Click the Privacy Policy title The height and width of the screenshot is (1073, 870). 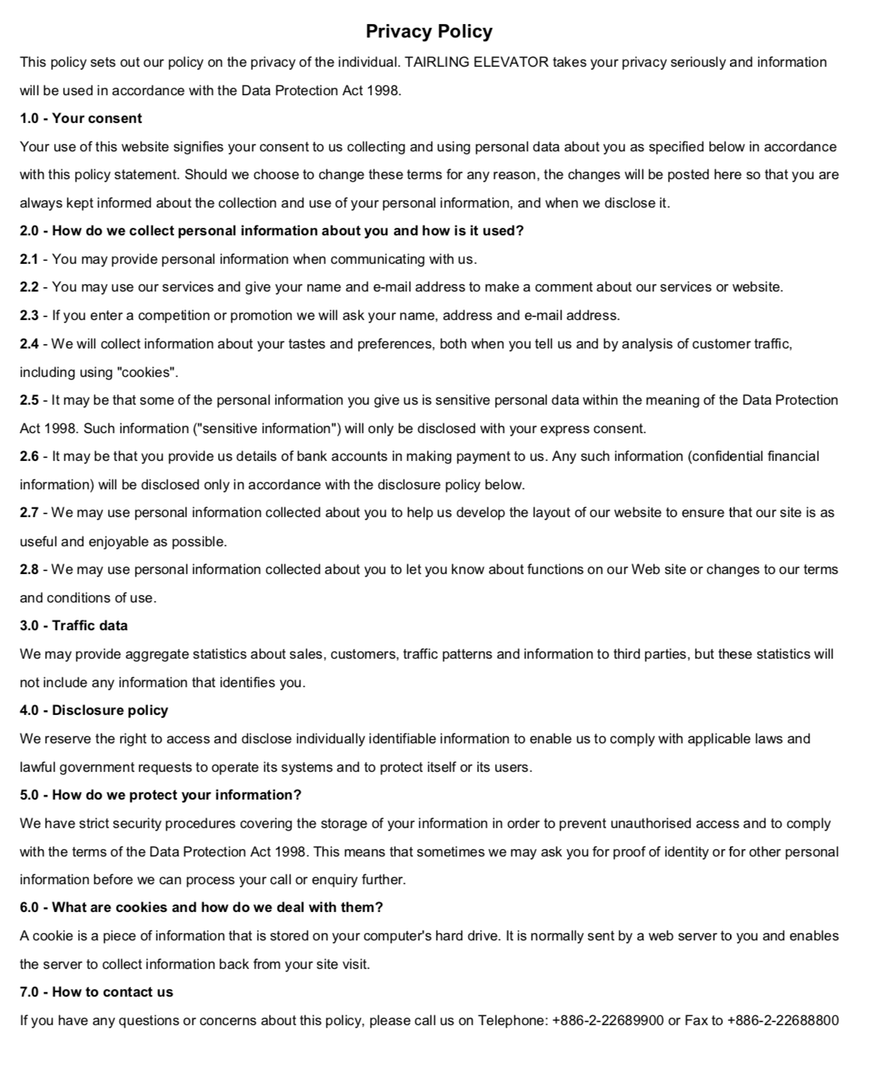(x=429, y=31)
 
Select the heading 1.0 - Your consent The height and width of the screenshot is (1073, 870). (x=81, y=118)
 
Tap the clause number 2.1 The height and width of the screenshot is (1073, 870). (x=28, y=259)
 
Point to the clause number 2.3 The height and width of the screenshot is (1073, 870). (x=28, y=315)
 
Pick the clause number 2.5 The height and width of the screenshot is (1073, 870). (x=28, y=400)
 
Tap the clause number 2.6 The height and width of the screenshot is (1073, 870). (x=28, y=456)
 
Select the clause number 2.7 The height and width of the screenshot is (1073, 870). (x=28, y=513)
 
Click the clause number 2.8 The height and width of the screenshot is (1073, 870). (x=28, y=569)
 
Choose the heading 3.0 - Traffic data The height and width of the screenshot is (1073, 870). (x=73, y=626)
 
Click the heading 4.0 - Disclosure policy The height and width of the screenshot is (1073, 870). (x=94, y=710)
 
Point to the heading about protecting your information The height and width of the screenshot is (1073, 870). (x=160, y=795)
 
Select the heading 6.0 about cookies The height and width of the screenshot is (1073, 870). (x=201, y=907)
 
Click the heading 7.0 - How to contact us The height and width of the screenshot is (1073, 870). (x=97, y=992)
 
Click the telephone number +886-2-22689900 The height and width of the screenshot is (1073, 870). (x=608, y=1021)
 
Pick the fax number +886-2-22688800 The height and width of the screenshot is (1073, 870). (x=782, y=1021)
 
